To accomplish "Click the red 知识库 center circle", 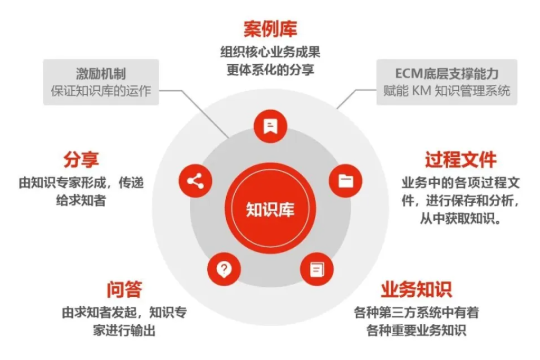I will click(270, 209).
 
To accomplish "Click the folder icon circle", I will click(345, 181).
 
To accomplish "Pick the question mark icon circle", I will click(224, 269).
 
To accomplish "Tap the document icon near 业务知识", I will click(316, 269).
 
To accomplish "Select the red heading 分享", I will click(81, 160).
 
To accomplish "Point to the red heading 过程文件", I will click(461, 160).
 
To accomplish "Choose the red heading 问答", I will click(124, 289).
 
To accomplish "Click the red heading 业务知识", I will click(416, 289).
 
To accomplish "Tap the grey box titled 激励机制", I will click(101, 82).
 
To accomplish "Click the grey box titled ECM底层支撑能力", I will click(447, 82).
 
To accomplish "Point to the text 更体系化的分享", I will click(270, 70).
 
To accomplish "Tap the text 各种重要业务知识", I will click(416, 330).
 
